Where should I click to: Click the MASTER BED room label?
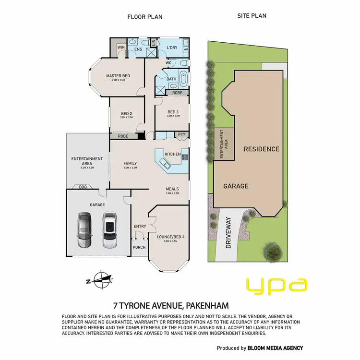[x=118, y=76]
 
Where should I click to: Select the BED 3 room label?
[x=173, y=112]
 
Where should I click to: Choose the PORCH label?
[x=139, y=248]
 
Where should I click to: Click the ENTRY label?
[x=140, y=226]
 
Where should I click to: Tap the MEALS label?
[x=172, y=189]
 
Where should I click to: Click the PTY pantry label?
[x=181, y=135]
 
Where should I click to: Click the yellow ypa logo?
[x=276, y=286]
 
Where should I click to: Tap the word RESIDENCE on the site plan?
[x=261, y=149]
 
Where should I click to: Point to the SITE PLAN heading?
[x=252, y=16]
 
